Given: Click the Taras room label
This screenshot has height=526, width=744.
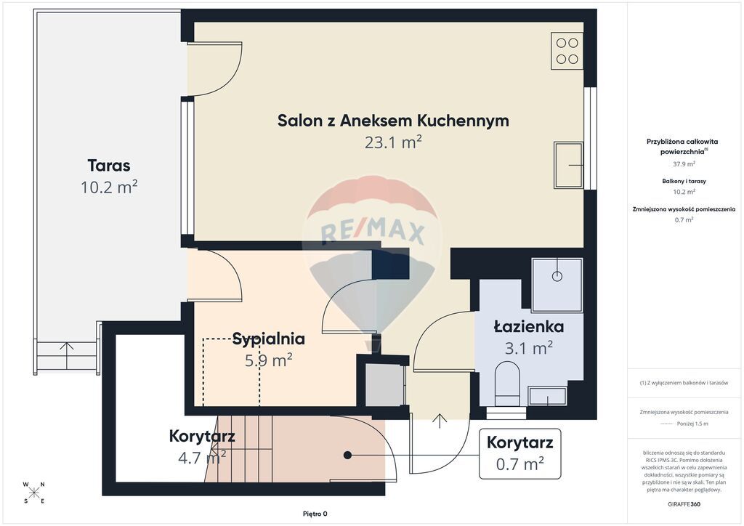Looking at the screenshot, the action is [109, 166].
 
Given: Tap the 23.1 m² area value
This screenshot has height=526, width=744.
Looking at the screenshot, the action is [393, 142].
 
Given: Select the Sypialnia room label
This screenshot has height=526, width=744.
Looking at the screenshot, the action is [269, 339].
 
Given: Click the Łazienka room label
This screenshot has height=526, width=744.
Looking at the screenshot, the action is [529, 326].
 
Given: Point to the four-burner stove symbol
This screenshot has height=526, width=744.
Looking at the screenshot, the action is [567, 51].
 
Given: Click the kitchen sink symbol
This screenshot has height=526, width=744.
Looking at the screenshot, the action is [568, 165].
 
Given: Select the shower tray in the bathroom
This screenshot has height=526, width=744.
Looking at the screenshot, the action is [557, 285].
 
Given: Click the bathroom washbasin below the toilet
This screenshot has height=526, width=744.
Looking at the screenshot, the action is [548, 396].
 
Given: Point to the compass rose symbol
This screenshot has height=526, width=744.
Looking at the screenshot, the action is [33, 493].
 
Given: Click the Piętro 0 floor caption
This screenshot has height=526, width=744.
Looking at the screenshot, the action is [315, 514].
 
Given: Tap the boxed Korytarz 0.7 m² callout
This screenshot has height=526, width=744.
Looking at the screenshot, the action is [520, 453].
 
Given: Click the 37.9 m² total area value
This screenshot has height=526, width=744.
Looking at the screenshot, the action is [684, 164].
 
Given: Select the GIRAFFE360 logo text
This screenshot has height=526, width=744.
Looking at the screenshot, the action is [684, 504].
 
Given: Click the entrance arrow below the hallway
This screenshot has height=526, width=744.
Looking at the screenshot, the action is [440, 421].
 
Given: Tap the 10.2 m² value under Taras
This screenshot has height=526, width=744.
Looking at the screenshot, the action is [109, 187].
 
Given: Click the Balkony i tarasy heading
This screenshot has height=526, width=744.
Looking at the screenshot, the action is [684, 181].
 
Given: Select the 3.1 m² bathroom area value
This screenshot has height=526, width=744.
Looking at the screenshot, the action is [529, 348].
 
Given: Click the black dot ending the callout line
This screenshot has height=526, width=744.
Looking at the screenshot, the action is [347, 455].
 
